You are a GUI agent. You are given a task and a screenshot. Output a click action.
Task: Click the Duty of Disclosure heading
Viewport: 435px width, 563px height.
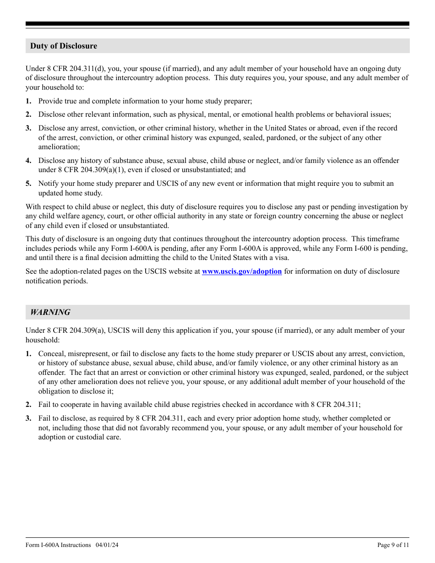click(64, 46)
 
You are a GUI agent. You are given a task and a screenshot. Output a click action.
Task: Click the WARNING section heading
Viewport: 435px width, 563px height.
click(50, 313)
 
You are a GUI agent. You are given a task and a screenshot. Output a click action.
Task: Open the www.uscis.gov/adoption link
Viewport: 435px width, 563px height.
click(242, 271)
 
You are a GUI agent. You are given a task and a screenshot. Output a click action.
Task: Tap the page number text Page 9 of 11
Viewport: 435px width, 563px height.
click(393, 545)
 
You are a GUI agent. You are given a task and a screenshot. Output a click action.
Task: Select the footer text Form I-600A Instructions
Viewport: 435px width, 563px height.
click(58, 545)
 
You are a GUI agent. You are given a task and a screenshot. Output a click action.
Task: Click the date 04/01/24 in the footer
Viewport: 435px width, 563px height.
click(107, 545)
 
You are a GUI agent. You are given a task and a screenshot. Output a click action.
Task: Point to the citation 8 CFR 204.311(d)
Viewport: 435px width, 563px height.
click(74, 69)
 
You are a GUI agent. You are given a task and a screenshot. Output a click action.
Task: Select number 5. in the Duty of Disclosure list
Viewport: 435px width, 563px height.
click(28, 184)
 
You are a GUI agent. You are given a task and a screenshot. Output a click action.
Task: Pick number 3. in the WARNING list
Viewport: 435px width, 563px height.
click(28, 418)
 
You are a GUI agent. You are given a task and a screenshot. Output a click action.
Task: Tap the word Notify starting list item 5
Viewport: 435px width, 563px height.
click(49, 184)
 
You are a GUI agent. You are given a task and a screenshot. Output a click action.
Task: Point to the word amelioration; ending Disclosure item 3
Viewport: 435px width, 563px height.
click(59, 147)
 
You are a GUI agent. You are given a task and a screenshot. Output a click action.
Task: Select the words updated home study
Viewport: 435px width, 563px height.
click(71, 193)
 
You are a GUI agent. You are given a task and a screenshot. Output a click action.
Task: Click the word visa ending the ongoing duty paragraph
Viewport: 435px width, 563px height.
click(281, 258)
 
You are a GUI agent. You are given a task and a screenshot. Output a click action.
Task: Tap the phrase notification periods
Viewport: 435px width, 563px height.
click(56, 281)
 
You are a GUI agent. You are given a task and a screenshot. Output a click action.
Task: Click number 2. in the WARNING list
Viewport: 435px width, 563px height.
click(28, 405)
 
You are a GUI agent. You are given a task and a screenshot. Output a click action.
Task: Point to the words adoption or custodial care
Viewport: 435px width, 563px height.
click(80, 437)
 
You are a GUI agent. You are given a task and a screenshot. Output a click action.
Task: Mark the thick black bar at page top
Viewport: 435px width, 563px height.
click(217, 24)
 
